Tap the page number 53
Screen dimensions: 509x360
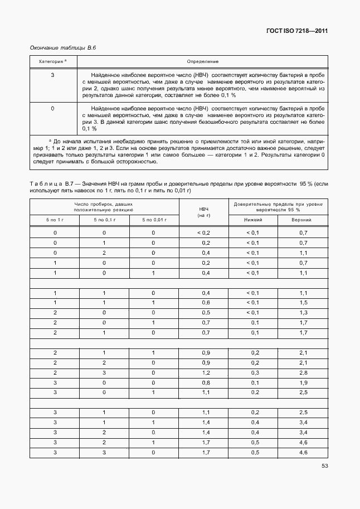tap(324, 467)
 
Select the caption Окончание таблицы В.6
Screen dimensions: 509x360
tap(63, 49)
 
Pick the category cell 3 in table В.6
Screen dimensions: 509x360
tap(52, 74)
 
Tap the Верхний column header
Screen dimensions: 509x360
tap(303, 220)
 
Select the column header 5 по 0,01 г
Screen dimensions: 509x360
tap(153, 220)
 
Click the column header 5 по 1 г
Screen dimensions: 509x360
tap(55, 220)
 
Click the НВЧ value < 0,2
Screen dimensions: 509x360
tap(204, 232)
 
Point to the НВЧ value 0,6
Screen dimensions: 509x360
tap(206, 303)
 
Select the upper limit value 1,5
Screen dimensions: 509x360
tap(303, 303)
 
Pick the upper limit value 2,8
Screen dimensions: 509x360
tap(303, 373)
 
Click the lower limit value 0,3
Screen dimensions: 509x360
tap(255, 373)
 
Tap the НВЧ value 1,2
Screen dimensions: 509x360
tap(206, 373)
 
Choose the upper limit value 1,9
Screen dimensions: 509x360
tap(303, 383)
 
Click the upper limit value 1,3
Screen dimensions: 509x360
tap(303, 313)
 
